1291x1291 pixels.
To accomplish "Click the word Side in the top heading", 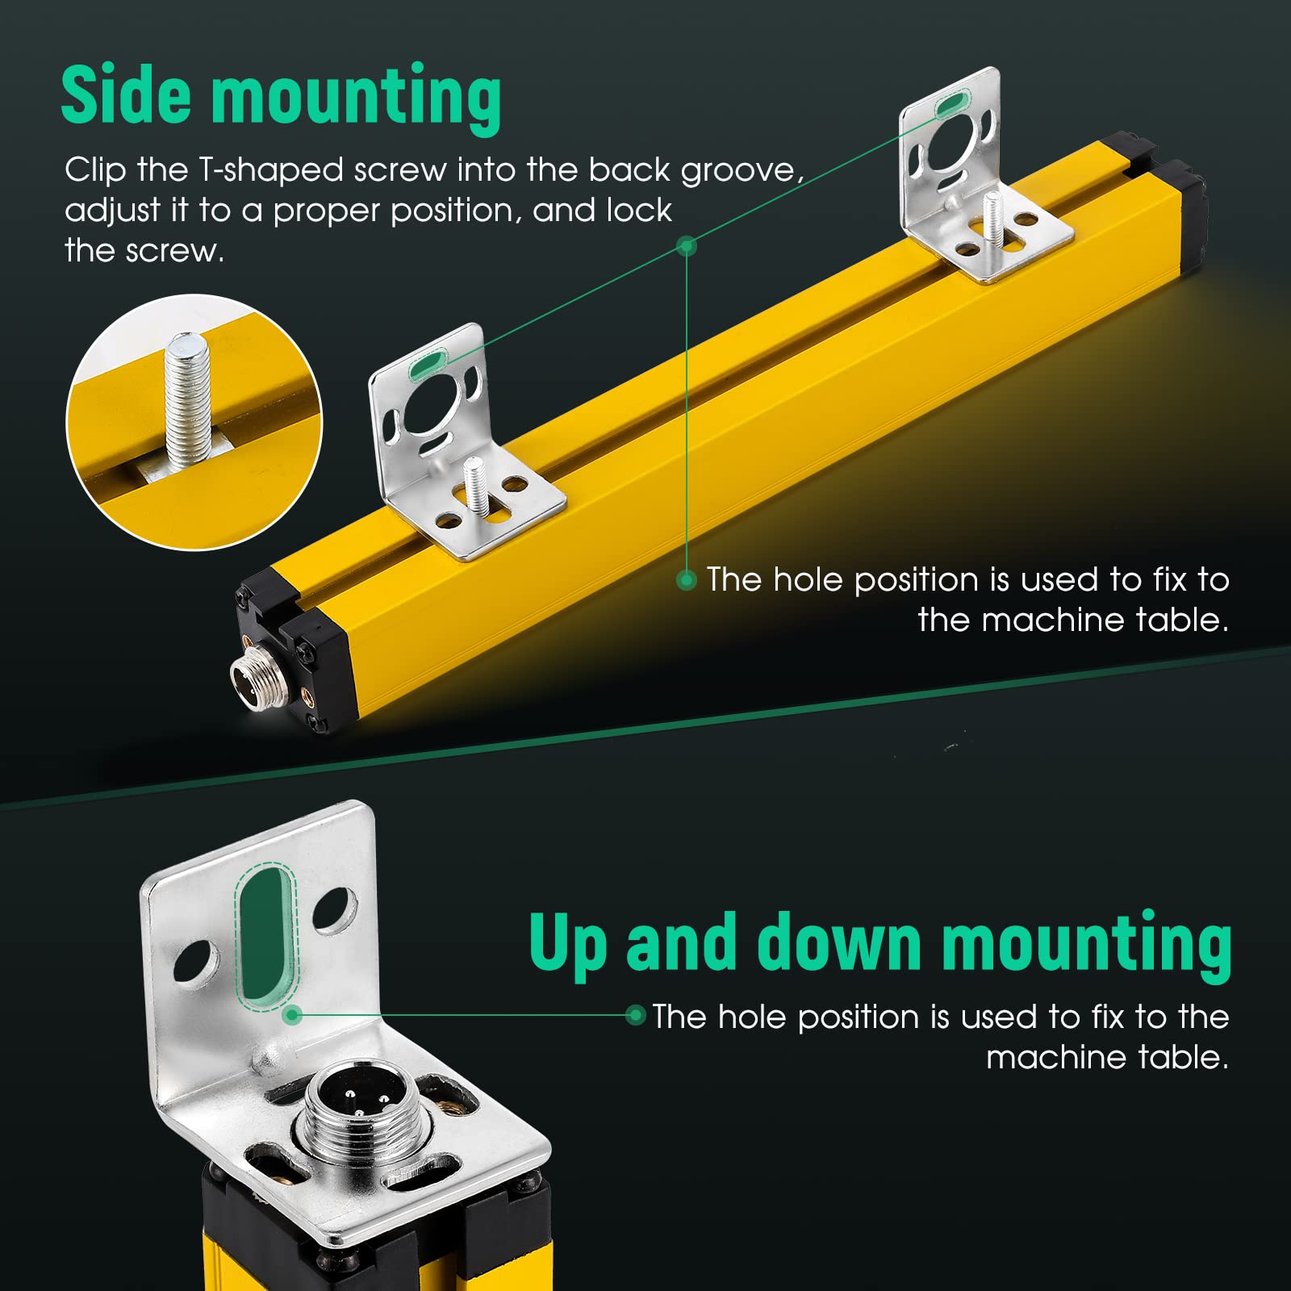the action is (127, 94).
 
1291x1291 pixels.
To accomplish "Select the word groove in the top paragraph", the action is (741, 170).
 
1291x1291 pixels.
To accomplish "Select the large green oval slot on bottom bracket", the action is (266, 935).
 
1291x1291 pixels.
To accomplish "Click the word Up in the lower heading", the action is (567, 945).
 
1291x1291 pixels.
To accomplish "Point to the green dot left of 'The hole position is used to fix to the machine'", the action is (636, 1015).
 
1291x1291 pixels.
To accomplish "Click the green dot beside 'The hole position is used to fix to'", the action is (687, 579).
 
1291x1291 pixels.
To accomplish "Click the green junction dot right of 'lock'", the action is (687, 245).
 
